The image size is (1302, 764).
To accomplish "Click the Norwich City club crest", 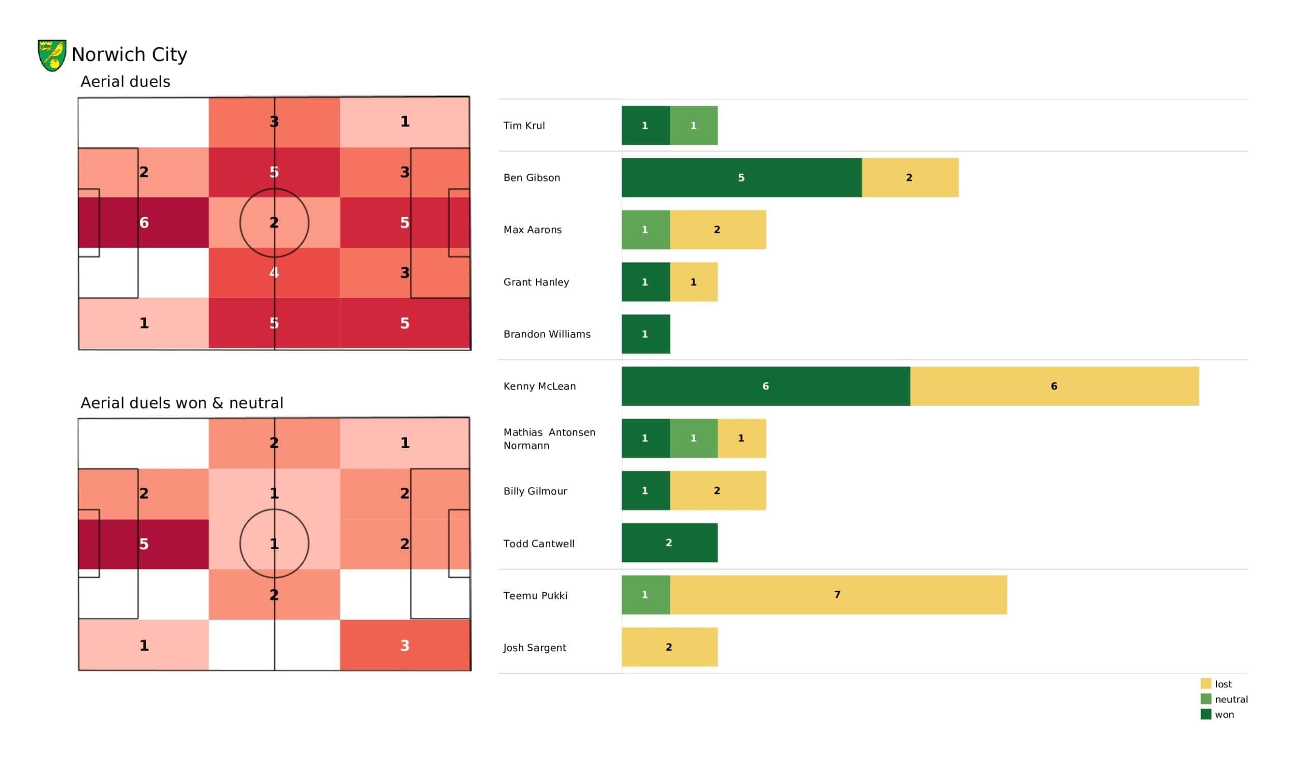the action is (52, 55).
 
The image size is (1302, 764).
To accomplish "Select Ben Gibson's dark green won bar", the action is (742, 178).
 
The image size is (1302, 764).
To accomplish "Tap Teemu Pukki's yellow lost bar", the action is (838, 595).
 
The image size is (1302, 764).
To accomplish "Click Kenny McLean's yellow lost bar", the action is (1054, 386).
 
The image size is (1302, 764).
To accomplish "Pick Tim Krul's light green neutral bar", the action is (694, 125).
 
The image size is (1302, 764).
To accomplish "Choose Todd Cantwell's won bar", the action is (670, 543).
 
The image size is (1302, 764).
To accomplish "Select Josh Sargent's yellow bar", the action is (670, 647).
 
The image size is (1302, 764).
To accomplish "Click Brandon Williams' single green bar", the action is (646, 334).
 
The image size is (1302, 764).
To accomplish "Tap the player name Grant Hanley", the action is (536, 282).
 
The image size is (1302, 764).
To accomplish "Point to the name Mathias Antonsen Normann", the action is (549, 439).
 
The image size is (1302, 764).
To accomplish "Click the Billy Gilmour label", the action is (535, 491).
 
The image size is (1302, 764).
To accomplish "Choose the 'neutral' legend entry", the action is (1224, 699).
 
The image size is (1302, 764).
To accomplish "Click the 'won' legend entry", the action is (1217, 714).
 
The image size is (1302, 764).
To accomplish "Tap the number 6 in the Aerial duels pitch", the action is (143, 222).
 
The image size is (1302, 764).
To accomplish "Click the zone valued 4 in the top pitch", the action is (274, 273).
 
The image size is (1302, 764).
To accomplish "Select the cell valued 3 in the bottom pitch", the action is (405, 645).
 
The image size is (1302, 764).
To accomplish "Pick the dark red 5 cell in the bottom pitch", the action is (143, 544).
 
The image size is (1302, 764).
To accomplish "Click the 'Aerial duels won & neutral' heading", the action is (182, 403).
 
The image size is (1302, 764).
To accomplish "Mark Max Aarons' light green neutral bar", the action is (646, 230).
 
